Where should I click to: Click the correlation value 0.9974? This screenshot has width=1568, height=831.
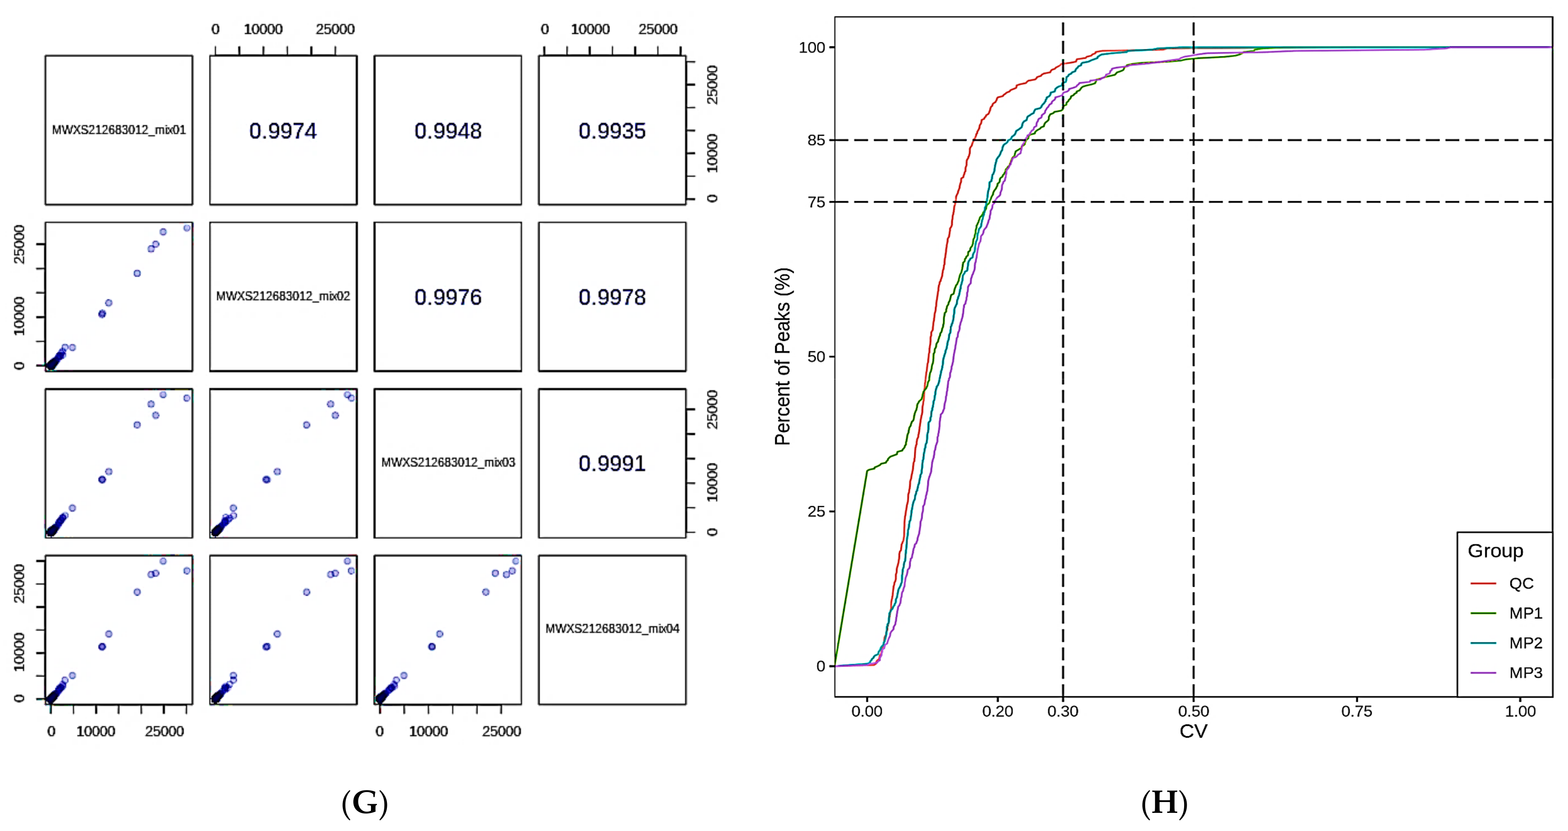coord(283,131)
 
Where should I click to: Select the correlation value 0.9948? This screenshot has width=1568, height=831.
coord(448,131)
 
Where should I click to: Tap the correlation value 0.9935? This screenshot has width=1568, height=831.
coord(612,131)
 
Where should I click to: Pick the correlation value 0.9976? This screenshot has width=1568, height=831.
coord(448,297)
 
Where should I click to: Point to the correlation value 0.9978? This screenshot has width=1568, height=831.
coord(612,297)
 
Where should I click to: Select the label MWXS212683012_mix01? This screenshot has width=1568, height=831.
coord(119,130)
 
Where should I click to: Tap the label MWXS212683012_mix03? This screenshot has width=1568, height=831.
coord(448,462)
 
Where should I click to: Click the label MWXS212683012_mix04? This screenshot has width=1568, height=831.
coord(612,628)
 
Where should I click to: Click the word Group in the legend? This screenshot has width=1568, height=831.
coord(1495,551)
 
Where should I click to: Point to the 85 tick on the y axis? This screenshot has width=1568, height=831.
coord(816,140)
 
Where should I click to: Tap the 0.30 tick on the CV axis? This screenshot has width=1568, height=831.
coord(1063,711)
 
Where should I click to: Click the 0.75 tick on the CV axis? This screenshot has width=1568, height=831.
coord(1357,711)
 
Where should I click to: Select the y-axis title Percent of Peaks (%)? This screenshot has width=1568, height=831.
coord(783,357)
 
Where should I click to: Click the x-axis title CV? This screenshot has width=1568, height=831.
coord(1193,731)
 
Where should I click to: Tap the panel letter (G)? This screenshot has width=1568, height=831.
coord(364,803)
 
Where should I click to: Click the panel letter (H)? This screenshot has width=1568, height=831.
coord(1164,803)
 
